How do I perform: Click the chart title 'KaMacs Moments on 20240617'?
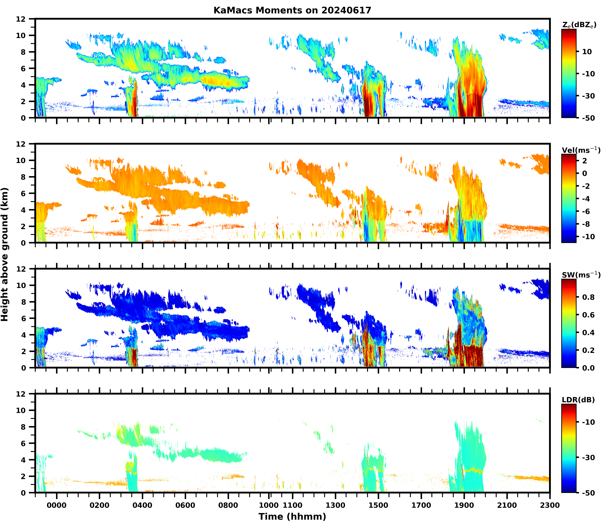[292, 10]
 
